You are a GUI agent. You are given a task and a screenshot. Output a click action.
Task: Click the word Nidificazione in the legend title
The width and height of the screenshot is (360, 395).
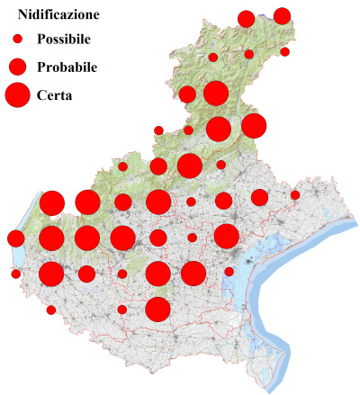click(51, 15)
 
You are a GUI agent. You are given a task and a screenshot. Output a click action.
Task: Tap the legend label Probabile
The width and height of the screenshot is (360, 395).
click(67, 67)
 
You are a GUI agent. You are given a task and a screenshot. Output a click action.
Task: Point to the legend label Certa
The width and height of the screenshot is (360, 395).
click(55, 94)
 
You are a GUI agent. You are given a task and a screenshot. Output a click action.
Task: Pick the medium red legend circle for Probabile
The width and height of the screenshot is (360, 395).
click(17, 67)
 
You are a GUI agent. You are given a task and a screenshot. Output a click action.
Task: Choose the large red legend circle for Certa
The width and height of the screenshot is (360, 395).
click(17, 94)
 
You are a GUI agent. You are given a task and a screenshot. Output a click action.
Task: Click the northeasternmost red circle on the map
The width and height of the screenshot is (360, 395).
click(282, 15)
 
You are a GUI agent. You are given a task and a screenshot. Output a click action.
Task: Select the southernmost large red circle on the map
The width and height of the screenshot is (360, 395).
click(158, 309)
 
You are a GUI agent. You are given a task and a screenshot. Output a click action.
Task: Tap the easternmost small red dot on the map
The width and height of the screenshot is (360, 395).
click(295, 195)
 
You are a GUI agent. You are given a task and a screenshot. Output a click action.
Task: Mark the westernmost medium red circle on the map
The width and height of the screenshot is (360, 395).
click(15, 238)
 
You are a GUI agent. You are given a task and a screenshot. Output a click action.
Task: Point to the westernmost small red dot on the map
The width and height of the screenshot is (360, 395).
click(15, 274)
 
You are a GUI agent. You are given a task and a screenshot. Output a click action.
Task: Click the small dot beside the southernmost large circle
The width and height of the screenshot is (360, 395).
click(122, 310)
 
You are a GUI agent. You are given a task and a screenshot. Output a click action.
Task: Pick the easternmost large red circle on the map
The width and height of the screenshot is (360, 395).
click(254, 127)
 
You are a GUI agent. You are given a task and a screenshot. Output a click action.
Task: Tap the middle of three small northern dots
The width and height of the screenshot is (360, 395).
click(249, 54)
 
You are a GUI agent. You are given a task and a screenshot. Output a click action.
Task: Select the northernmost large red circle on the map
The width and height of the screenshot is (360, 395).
click(215, 93)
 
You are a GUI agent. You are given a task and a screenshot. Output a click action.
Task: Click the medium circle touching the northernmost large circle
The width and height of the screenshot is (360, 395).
click(187, 94)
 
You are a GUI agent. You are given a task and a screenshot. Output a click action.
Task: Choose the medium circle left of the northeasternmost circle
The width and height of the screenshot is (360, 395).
click(246, 19)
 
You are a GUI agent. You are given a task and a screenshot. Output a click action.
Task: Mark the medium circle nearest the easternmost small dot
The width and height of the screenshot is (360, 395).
click(259, 197)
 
